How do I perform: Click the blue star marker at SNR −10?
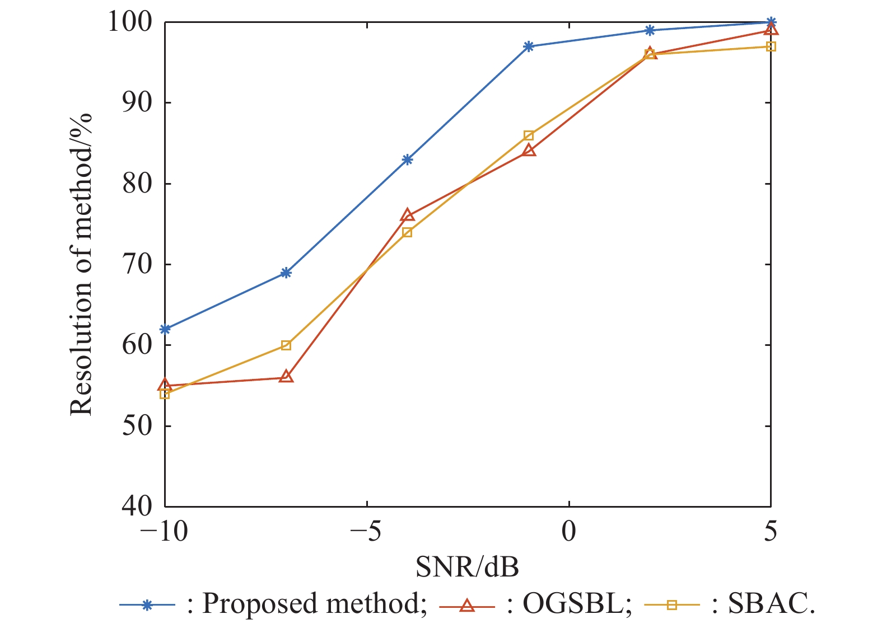coord(165,329)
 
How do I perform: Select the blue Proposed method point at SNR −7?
coord(286,273)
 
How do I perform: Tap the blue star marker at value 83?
coord(407,160)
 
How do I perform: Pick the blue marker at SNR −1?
coord(529,46)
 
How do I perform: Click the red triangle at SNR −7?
coord(286,377)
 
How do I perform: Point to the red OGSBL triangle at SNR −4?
coord(407,215)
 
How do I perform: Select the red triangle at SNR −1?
coord(529,151)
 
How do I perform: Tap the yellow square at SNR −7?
coord(286,345)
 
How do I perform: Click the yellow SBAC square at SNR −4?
coord(407,232)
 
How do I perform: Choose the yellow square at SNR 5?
coord(771,46)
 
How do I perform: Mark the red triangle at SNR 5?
coord(771,30)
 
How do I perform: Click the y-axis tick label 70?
coord(137,264)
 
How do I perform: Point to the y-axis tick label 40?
coord(137,506)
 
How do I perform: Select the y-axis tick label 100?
coord(130,22)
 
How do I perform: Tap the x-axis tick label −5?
coord(367,531)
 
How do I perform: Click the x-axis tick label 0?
coord(569,531)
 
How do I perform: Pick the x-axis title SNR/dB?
coord(468,567)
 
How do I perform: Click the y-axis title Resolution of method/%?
coord(82,264)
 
